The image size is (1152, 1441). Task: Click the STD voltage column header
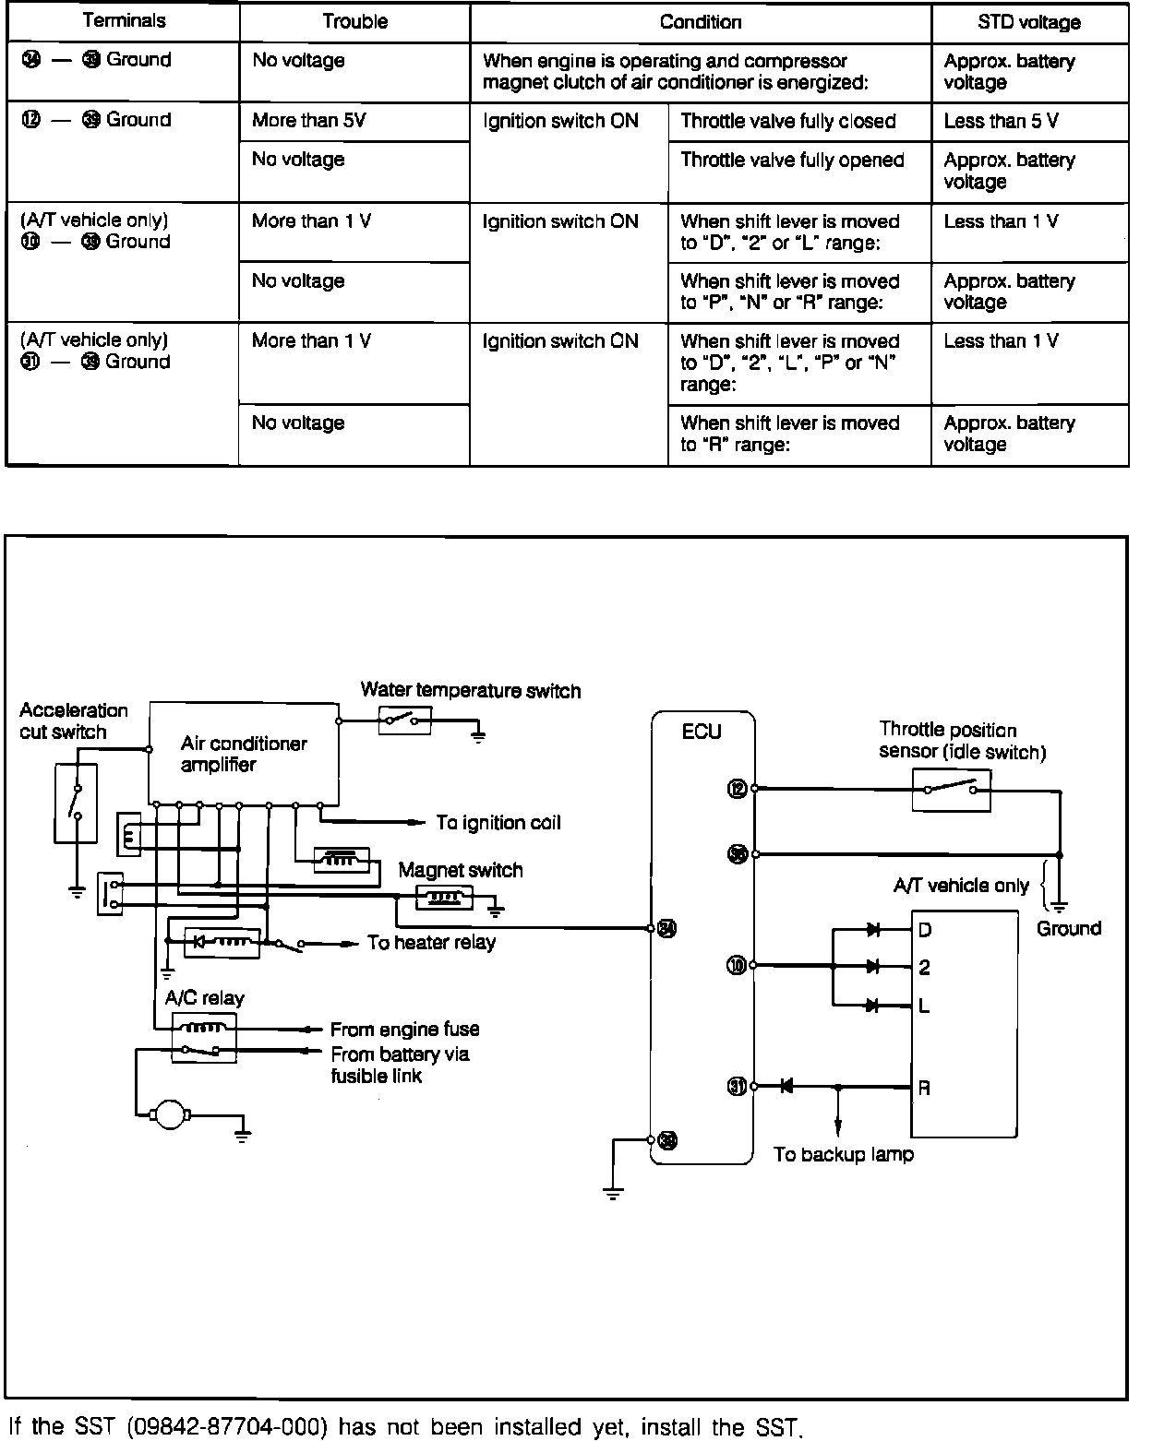[x=1028, y=22]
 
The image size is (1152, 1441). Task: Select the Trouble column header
[x=354, y=22]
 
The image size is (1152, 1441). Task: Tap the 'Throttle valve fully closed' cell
[x=788, y=121]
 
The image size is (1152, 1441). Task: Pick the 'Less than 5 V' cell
[x=1001, y=121]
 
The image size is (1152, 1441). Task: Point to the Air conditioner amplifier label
[x=244, y=754]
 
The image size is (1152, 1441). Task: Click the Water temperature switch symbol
[x=405, y=720]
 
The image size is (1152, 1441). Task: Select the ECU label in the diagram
[x=702, y=732]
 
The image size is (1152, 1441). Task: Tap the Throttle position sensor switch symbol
[x=951, y=790]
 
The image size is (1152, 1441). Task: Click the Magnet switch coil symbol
[x=445, y=896]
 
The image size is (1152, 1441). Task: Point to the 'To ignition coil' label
[x=498, y=823]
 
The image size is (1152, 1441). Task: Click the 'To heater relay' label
[x=431, y=942]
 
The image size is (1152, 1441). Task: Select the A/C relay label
[x=204, y=998]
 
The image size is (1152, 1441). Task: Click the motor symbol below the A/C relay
[x=169, y=1115]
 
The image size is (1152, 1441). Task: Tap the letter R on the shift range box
[x=924, y=1088]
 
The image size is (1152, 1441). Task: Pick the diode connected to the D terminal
[x=873, y=930]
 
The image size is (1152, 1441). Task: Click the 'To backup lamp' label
[x=843, y=1154]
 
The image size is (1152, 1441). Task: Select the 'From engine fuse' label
[x=404, y=1029]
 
